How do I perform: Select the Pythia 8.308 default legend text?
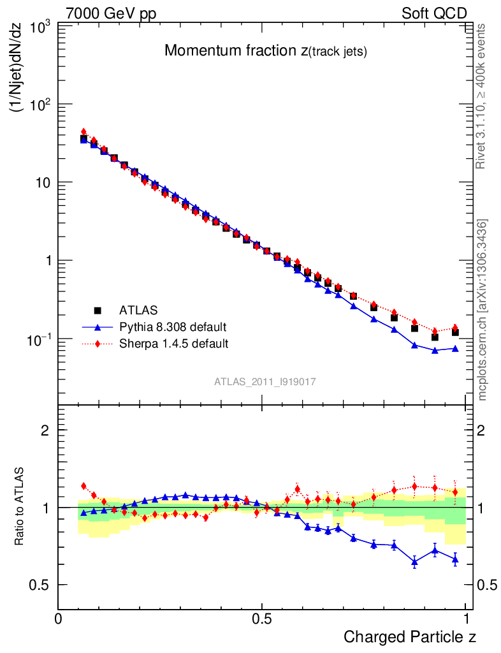pyautogui.click(x=173, y=327)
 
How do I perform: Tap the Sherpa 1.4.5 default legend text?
pyautogui.click(x=174, y=344)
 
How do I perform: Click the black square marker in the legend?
pyautogui.click(x=98, y=311)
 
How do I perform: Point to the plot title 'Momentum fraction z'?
pyautogui.click(x=265, y=51)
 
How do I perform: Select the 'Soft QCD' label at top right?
pyautogui.click(x=434, y=13)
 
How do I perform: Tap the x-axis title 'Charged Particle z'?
pyautogui.click(x=410, y=636)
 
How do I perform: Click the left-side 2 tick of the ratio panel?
pyautogui.click(x=46, y=430)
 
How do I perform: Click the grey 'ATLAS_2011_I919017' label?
pyautogui.click(x=265, y=381)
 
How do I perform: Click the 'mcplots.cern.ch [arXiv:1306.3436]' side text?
pyautogui.click(x=483, y=310)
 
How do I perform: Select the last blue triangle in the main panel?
pyautogui.click(x=455, y=348)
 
